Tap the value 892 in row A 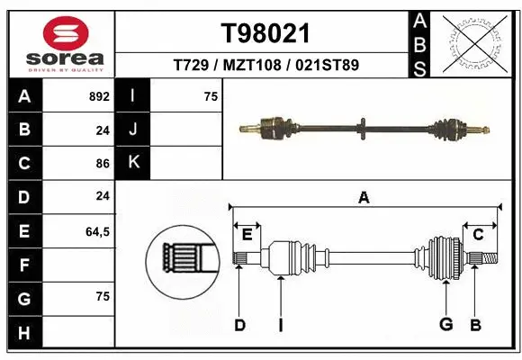click(x=98, y=96)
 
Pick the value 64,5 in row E click(x=97, y=231)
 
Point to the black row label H click(x=24, y=333)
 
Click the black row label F click(x=24, y=265)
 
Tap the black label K click(x=133, y=164)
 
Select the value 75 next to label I click(x=211, y=96)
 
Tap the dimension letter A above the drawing click(x=364, y=198)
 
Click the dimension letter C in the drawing click(x=479, y=235)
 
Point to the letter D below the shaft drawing click(x=239, y=325)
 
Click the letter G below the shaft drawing click(x=445, y=325)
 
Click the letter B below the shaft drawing click(x=475, y=325)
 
